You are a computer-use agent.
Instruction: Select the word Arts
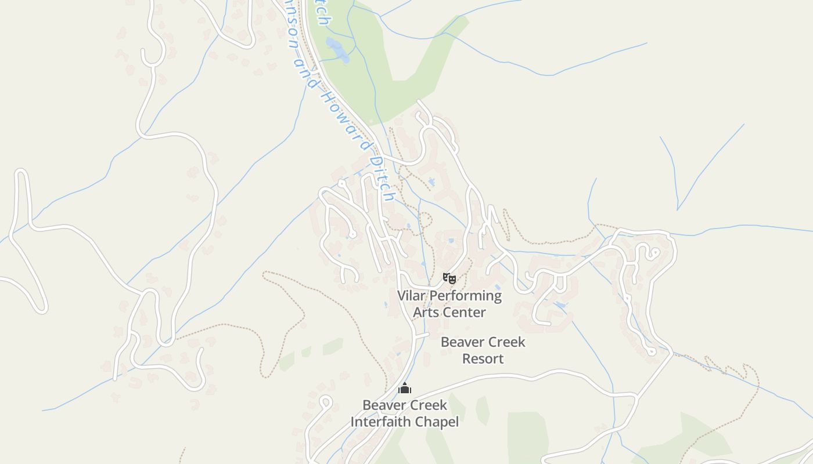coord(426,313)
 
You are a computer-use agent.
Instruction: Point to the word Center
coord(464,313)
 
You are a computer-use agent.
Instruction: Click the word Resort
coord(483,359)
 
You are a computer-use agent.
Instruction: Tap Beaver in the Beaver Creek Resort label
coord(462,342)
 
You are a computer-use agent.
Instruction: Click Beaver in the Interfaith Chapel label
coord(383,405)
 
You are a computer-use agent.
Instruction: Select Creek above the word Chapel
coord(427,405)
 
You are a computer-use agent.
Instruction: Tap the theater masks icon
coord(449,278)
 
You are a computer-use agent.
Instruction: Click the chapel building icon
coord(405,388)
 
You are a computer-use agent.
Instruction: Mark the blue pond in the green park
coord(337,50)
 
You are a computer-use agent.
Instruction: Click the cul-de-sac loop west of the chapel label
coord(326,400)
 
